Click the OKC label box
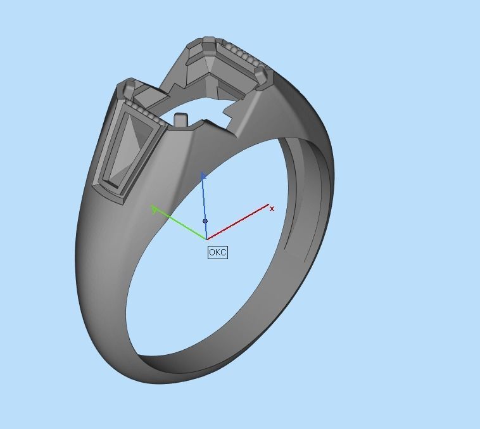(x=217, y=252)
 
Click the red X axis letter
(x=272, y=208)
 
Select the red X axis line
(x=241, y=221)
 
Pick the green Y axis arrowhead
(x=154, y=208)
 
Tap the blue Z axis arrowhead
(x=203, y=176)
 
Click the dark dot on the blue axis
(x=205, y=221)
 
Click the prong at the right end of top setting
(x=261, y=75)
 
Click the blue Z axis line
(x=204, y=203)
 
